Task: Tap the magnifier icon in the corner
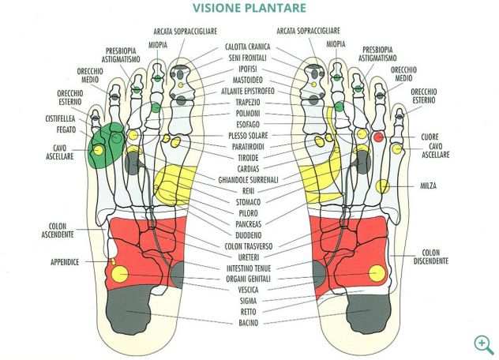coord(483,344)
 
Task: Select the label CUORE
coord(430,137)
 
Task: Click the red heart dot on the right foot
coord(378,137)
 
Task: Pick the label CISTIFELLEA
coord(60,118)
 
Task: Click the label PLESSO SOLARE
coord(249,136)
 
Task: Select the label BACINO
coord(249,323)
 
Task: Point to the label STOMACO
coord(249,202)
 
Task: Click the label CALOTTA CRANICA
coord(249,47)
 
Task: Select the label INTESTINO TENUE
coord(249,268)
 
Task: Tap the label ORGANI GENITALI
coord(249,279)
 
